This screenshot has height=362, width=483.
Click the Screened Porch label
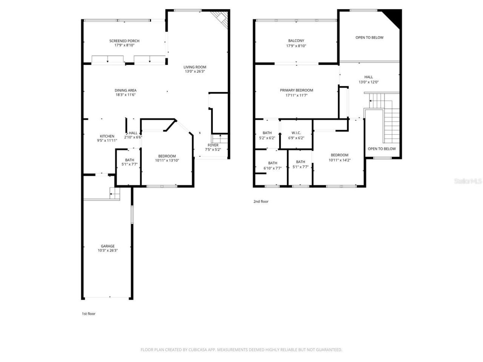coord(124,41)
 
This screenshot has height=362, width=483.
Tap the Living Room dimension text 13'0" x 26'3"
coord(195,72)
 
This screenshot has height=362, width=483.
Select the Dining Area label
coord(125,90)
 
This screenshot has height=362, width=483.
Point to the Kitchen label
coord(107,136)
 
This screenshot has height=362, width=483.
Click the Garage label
coord(108,246)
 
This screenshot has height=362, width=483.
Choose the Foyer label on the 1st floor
coord(213,145)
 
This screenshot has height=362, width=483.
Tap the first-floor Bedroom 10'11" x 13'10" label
coord(167,156)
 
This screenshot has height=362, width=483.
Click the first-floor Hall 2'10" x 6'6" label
coord(133,133)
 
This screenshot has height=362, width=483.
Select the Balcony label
coord(296,41)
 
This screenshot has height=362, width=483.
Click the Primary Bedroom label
coord(296,90)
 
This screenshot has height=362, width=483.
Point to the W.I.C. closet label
coord(296,133)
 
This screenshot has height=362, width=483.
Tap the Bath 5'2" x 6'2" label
coord(267,133)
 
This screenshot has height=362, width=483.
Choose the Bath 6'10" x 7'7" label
coord(272,163)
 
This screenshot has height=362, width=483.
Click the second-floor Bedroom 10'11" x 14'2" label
coord(339,155)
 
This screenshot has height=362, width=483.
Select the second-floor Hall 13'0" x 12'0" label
coord(368,77)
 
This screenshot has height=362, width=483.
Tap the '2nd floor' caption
coord(261,202)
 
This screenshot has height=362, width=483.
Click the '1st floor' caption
coord(89,314)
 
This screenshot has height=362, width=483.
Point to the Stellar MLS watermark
coord(468,181)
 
